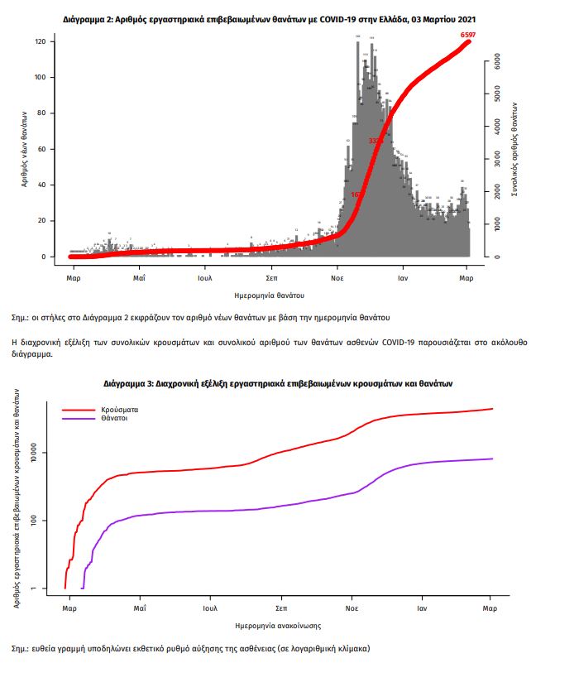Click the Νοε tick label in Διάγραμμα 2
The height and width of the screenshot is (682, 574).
coord(337,277)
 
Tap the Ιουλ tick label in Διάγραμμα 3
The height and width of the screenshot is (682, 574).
coord(210,608)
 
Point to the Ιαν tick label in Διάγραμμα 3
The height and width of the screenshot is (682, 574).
coord(421,608)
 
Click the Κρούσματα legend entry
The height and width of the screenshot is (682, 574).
coord(120,409)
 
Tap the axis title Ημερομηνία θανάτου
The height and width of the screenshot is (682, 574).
coord(270,295)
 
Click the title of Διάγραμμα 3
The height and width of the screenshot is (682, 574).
coord(278,384)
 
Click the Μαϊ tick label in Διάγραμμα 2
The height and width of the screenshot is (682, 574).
coord(139,277)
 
